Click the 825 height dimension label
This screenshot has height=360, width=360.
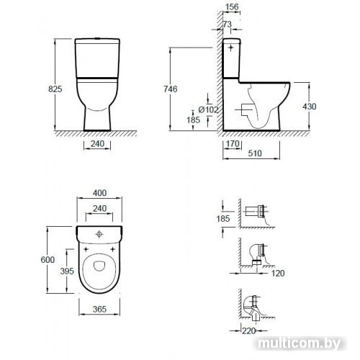click(55, 89)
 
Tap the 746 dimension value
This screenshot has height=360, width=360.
click(171, 89)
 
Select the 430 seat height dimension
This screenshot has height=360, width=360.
click(310, 107)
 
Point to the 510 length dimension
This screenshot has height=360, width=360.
click(255, 153)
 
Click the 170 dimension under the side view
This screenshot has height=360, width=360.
click(233, 144)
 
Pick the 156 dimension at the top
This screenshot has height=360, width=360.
click(232, 7)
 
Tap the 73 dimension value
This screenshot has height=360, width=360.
click(227, 24)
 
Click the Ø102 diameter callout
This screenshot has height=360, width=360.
click(209, 109)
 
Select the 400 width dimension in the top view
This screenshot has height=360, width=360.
click(99, 193)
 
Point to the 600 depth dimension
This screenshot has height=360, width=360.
click(48, 259)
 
